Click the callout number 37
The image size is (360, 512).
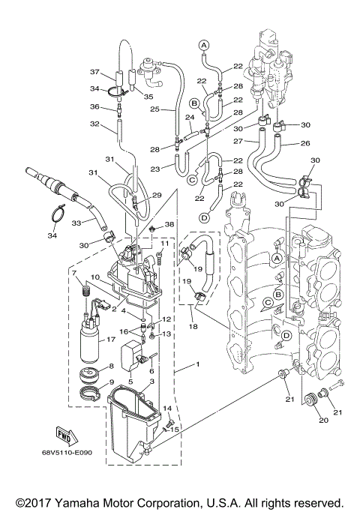click(94, 72)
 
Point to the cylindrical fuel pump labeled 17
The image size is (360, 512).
click(92, 342)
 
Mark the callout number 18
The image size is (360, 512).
click(193, 327)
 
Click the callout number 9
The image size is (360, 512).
click(112, 383)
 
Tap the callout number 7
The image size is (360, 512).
click(74, 272)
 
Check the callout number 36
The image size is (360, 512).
click(94, 106)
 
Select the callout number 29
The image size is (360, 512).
click(157, 195)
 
